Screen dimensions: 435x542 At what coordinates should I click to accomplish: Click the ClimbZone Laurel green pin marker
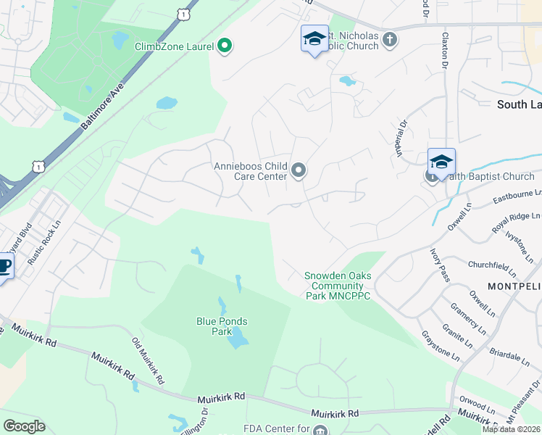coord(224,46)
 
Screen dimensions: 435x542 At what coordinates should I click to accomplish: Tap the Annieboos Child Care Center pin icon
coord(299,171)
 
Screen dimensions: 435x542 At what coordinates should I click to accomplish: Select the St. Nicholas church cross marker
coord(390,39)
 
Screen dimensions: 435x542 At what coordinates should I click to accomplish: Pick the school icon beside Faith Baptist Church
coord(441,162)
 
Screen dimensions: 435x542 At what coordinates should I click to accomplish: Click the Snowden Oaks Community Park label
coord(338,286)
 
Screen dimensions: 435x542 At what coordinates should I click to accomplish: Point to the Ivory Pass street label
coord(441,265)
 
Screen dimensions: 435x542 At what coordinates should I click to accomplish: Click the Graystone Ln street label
coord(441,346)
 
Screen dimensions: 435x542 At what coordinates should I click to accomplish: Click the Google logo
coord(24,426)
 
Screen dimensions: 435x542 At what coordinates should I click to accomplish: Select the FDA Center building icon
coord(320,429)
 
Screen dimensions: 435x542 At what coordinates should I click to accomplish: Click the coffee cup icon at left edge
coord(4,267)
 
